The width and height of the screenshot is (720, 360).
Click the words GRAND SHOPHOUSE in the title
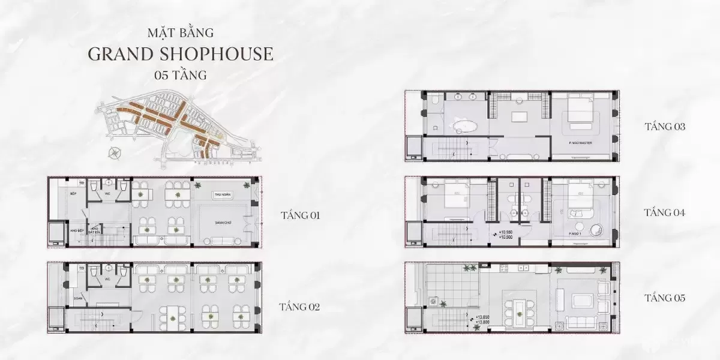click(x=180, y=53)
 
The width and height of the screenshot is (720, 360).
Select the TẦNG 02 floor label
click(x=299, y=307)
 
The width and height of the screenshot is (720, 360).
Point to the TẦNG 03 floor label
click(x=664, y=127)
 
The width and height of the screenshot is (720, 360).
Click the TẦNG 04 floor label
click(x=664, y=212)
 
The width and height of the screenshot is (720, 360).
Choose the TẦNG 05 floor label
click(x=664, y=298)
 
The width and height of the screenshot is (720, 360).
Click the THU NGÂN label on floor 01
click(x=222, y=196)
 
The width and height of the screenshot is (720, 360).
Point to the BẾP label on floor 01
click(x=73, y=194)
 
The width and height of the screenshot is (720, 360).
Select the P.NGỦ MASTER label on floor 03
click(x=580, y=143)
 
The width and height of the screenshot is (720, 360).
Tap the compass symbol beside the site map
click(x=114, y=153)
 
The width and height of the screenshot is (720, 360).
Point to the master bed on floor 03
click(x=578, y=112)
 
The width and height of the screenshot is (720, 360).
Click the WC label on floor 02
click(x=109, y=279)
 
